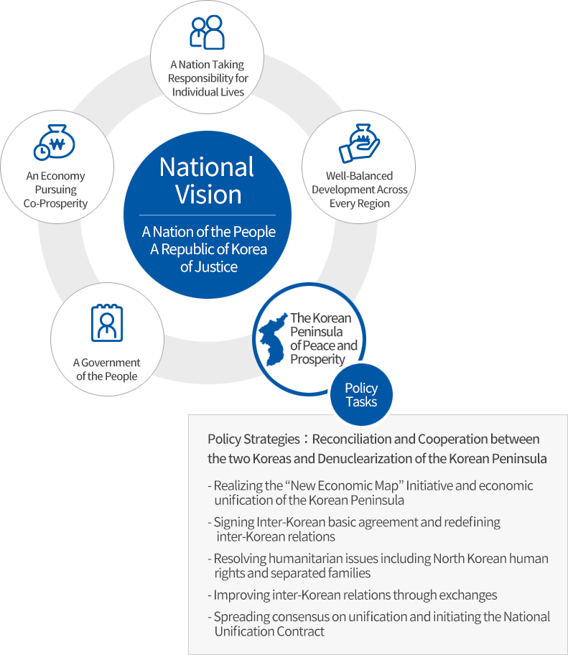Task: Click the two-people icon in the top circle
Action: (x=207, y=32)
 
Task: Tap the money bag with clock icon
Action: (x=55, y=142)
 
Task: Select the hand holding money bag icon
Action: (x=359, y=143)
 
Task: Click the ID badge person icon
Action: (x=107, y=322)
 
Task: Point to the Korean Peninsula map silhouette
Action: (x=273, y=339)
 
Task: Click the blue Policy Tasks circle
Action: (x=361, y=395)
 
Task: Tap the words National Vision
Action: (x=207, y=180)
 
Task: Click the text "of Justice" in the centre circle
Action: (x=209, y=266)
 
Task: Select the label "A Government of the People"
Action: (x=107, y=369)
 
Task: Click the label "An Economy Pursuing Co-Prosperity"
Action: (x=55, y=190)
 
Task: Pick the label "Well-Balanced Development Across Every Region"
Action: (x=359, y=190)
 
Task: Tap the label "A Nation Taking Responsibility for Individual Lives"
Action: (x=208, y=78)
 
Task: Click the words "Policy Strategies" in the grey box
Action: (x=253, y=439)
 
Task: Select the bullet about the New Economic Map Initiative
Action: (x=371, y=493)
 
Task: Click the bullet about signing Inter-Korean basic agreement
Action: (x=354, y=529)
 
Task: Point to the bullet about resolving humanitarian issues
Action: (x=378, y=566)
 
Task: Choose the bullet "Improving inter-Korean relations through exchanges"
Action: (x=353, y=595)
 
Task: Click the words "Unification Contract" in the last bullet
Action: (x=269, y=631)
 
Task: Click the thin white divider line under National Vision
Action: (x=208, y=215)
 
